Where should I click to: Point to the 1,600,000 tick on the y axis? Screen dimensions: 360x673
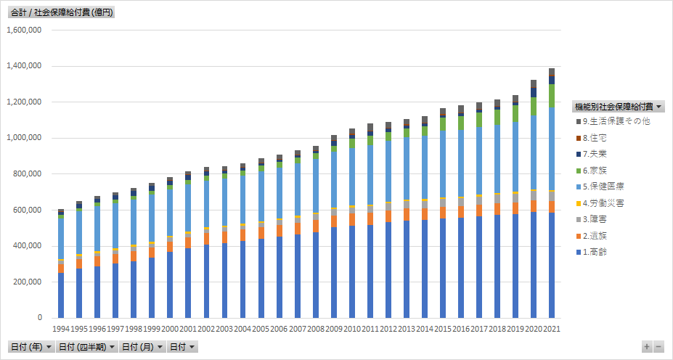24,30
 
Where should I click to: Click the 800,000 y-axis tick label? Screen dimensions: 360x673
28,174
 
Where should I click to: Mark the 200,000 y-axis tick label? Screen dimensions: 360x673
28,282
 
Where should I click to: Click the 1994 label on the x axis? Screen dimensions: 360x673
62,329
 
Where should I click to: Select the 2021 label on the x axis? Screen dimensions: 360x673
552,329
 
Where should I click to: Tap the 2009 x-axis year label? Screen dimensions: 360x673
334,329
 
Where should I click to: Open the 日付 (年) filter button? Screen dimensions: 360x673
30,347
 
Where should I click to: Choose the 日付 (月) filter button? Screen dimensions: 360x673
142,347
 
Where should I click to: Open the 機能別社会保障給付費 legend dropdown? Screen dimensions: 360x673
618,106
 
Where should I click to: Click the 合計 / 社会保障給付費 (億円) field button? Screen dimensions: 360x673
62,12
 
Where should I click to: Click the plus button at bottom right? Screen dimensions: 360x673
647,347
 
